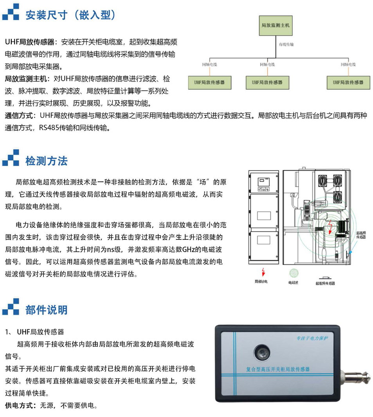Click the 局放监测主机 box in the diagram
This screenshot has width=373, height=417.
[x=275, y=25]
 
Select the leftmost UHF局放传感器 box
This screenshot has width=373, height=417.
[x=209, y=83]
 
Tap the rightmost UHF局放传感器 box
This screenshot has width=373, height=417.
[x=348, y=83]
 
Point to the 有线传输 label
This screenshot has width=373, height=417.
[x=286, y=45]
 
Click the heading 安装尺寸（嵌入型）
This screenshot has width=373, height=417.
[x=70, y=15]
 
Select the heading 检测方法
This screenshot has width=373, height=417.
[x=46, y=161]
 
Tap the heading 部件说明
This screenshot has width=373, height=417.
[x=46, y=310]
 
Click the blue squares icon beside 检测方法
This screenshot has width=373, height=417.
[x=11, y=158]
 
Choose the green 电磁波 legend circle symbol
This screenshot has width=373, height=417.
[x=294, y=273]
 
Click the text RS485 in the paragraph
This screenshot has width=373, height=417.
[x=49, y=128]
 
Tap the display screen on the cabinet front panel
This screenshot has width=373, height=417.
[x=261, y=181]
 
